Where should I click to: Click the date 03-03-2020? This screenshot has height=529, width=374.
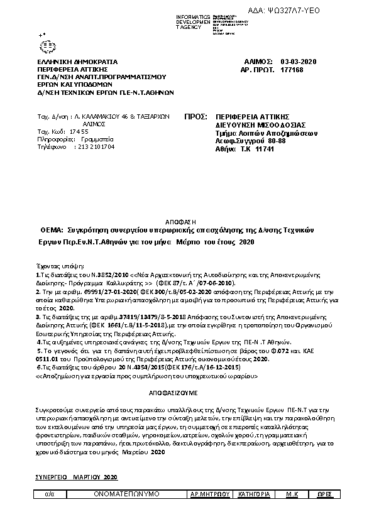tap(299, 62)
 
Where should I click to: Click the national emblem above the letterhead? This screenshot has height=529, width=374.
tap(47, 45)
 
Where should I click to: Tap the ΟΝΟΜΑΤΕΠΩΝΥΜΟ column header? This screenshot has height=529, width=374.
tap(126, 495)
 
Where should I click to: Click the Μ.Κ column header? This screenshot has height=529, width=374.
tap(291, 495)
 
